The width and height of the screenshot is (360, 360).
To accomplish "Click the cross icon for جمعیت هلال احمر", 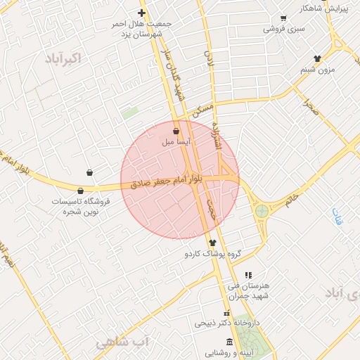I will pos(141,13).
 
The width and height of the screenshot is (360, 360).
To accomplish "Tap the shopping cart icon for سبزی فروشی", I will pos(283,18).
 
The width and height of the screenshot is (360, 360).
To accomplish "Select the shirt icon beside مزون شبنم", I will pos(317,58).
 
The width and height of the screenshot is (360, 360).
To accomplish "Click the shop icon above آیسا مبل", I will pos(175,131).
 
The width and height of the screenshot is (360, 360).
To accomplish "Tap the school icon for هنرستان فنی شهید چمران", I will pos(247,275).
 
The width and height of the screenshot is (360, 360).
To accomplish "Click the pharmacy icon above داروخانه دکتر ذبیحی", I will pos(226,313).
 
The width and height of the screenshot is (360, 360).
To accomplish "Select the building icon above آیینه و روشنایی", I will pos(229,342).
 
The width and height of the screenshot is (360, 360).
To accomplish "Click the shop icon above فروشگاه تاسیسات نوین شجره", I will pos(81,191).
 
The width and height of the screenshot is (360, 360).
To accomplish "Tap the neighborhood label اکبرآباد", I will pos(61,58).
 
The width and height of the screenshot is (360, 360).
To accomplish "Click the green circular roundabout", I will pos(262,210).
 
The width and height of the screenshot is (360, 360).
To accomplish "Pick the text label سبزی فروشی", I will pos(284,29).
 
